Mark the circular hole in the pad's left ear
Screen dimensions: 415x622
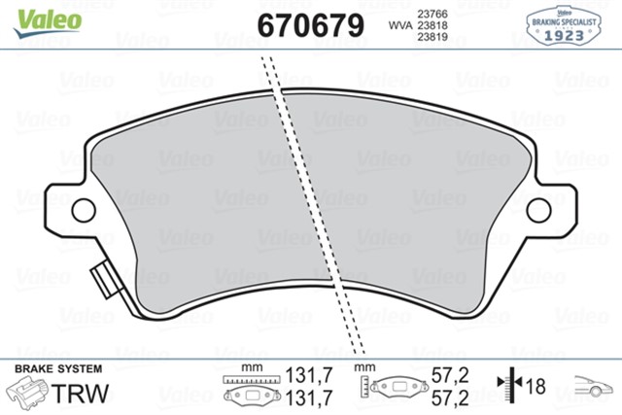tap(84, 208)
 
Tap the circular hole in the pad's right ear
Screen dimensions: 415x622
tap(538, 208)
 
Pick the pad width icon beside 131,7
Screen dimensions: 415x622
tap(252, 388)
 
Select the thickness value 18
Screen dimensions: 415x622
tap(535, 387)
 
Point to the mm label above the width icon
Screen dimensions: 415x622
tap(250, 368)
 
